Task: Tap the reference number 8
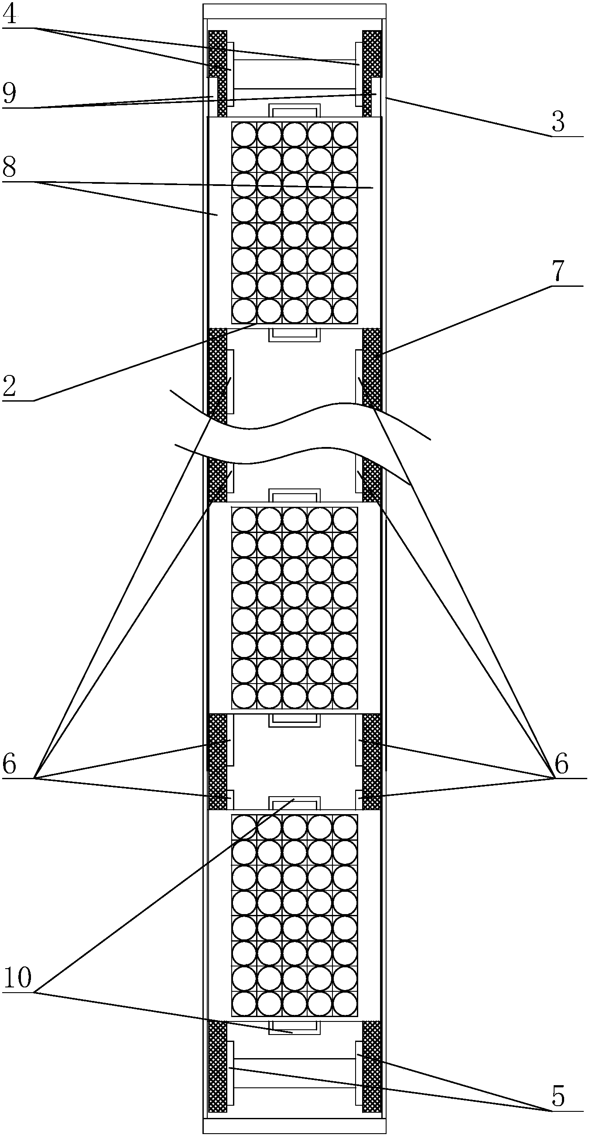point(9,168)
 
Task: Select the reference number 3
point(558,122)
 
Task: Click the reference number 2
point(9,387)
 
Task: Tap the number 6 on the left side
point(9,764)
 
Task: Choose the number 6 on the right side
point(561,764)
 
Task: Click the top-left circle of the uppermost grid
point(244,134)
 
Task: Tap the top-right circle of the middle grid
point(345,519)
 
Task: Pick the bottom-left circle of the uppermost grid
point(244,311)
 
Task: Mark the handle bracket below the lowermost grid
point(294,1027)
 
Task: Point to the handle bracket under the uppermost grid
point(294,335)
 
